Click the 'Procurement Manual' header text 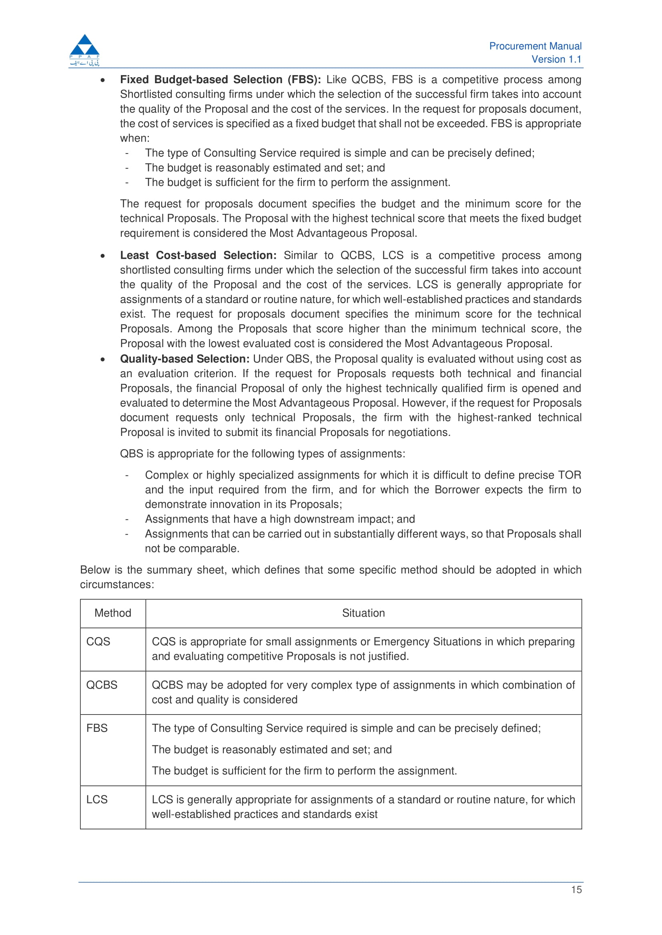(x=535, y=46)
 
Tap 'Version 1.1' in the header (x=556, y=60)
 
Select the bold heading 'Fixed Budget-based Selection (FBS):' (x=220, y=80)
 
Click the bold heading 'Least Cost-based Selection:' (x=198, y=255)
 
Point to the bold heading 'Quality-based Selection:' (x=184, y=359)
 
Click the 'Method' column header (x=112, y=613)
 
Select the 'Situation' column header (x=363, y=613)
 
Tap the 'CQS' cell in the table (x=98, y=641)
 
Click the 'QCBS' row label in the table (x=102, y=685)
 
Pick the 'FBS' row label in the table (x=97, y=728)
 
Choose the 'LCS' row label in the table (x=97, y=799)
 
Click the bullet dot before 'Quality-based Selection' (x=103, y=359)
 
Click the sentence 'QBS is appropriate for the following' (x=262, y=454)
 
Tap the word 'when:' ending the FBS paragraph (x=134, y=138)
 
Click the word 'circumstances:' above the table (x=117, y=585)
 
